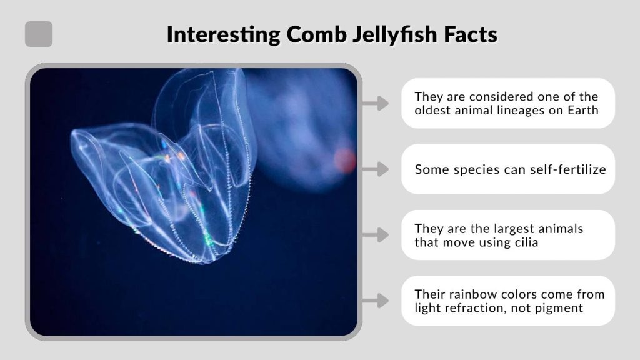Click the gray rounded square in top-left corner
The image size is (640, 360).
[x=39, y=34]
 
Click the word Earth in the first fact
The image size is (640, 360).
[x=582, y=111]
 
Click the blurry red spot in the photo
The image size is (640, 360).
[x=344, y=160]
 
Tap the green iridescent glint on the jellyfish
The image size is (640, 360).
[x=207, y=237]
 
